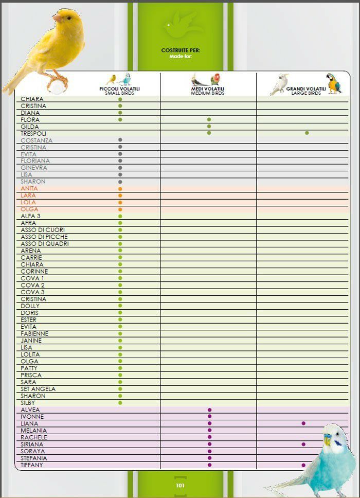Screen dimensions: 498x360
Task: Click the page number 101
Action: [x=180, y=485]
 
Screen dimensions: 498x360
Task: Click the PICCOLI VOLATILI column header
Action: [x=119, y=88]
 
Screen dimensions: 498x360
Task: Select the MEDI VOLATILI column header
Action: [x=208, y=88]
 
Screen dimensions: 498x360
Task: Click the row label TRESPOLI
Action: [x=33, y=133]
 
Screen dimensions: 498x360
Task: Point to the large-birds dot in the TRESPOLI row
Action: [x=307, y=133]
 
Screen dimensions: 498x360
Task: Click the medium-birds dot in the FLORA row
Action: [x=209, y=119]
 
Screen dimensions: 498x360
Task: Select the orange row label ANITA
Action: [x=29, y=189]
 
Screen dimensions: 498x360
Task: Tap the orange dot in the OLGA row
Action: [x=120, y=209]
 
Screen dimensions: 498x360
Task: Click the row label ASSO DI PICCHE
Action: [x=44, y=237]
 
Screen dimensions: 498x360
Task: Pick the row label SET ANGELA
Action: [x=38, y=389]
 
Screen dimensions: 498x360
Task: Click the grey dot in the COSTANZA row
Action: [x=120, y=140]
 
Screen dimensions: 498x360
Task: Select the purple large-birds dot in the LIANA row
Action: [x=303, y=423]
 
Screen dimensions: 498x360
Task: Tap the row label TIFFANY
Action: [x=32, y=465]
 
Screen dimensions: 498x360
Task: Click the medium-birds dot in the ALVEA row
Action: [x=209, y=410]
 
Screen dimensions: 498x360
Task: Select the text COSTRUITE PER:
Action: [x=181, y=50]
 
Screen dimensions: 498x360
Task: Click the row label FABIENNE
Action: [x=34, y=333]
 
